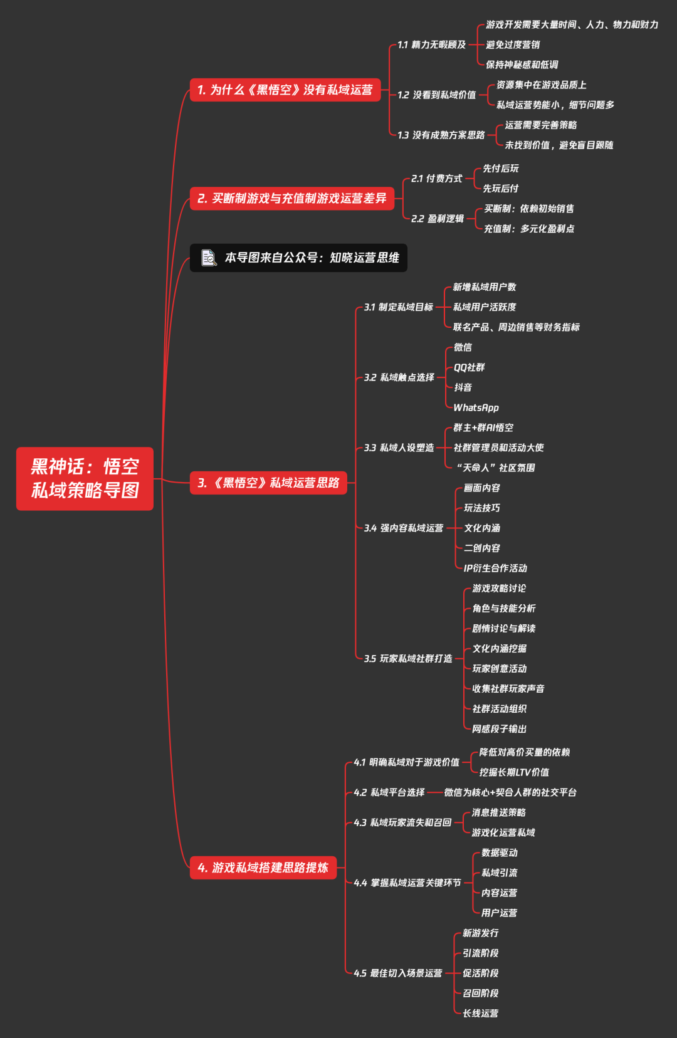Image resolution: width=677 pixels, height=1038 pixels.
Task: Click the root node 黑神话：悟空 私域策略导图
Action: click(85, 478)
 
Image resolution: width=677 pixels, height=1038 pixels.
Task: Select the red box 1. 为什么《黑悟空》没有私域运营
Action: click(285, 90)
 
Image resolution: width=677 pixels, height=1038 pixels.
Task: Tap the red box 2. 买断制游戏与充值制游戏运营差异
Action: click(292, 198)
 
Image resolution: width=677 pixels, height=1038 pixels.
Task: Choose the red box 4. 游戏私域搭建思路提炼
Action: click(263, 868)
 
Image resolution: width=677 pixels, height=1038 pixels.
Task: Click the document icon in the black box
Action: click(209, 258)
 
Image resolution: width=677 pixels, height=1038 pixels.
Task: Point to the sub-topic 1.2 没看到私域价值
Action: click(436, 95)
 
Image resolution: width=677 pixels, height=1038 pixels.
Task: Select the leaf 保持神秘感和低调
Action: click(522, 65)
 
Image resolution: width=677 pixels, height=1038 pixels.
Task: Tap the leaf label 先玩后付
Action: click(500, 189)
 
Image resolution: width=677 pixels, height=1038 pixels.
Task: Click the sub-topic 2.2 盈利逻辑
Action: click(438, 219)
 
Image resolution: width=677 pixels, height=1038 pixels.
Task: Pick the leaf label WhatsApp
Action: click(476, 408)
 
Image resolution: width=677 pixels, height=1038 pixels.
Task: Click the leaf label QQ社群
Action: click(469, 367)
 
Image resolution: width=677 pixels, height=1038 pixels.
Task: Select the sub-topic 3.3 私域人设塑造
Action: click(399, 448)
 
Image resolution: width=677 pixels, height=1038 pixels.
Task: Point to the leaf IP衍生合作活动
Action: click(495, 568)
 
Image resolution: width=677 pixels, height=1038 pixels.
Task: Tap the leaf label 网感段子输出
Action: click(499, 729)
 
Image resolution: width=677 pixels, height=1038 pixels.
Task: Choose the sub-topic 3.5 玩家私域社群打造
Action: click(408, 659)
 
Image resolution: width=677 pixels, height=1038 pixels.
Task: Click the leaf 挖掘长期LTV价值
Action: click(514, 772)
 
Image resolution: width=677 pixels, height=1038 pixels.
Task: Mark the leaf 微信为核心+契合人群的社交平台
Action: click(510, 792)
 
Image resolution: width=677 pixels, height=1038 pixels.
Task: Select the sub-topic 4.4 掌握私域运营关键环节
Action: click(407, 883)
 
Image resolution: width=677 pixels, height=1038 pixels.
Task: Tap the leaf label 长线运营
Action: click(480, 1014)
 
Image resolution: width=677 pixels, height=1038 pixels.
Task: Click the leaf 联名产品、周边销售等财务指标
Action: click(516, 327)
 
